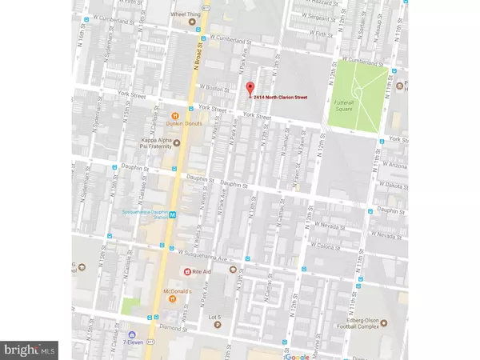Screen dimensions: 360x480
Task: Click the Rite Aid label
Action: pyautogui.click(x=203, y=271)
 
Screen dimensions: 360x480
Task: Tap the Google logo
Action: pyautogui.click(x=298, y=354)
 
